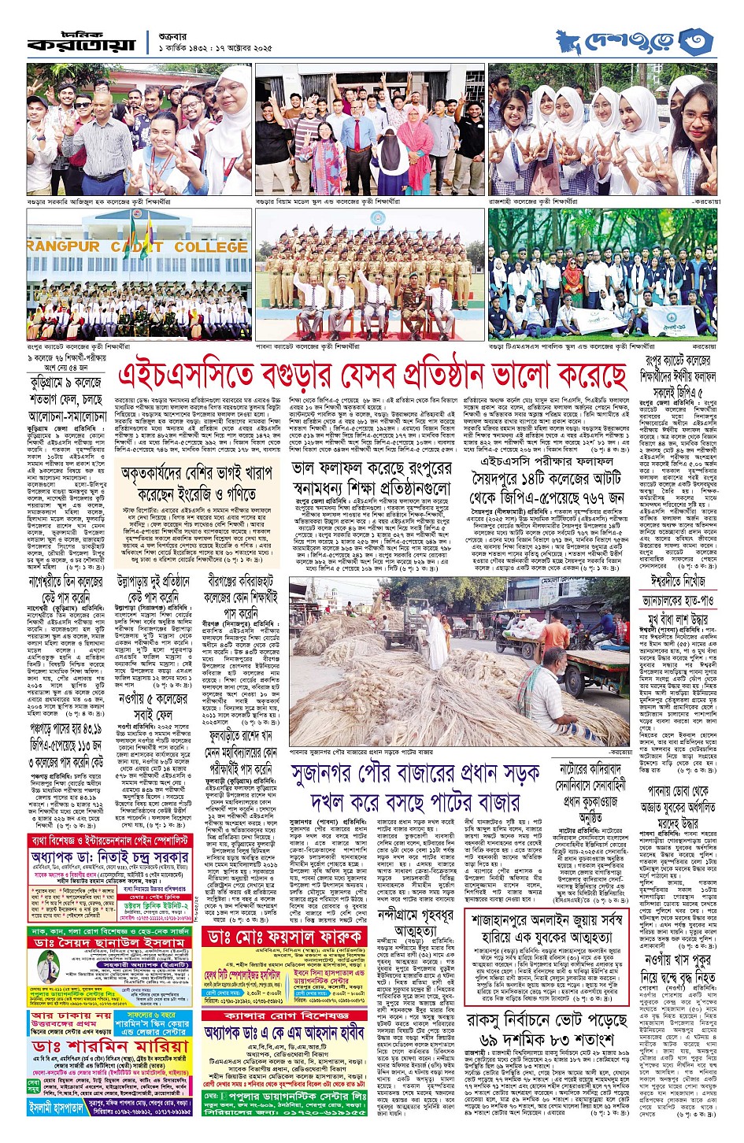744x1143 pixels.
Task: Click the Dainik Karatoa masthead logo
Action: pos(82,43)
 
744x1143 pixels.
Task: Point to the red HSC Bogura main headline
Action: pos(372,375)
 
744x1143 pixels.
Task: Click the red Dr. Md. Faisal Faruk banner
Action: pos(285,938)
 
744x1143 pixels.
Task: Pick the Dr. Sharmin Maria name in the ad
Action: pos(110,1047)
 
